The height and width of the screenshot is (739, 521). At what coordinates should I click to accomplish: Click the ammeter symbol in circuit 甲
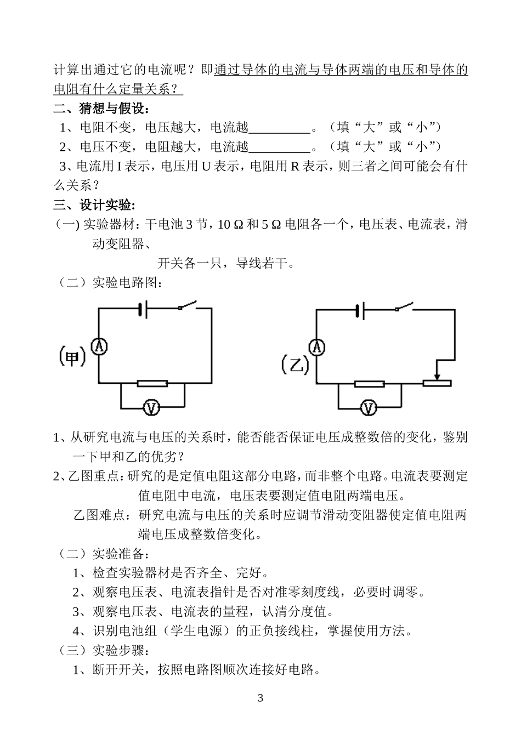[99, 345]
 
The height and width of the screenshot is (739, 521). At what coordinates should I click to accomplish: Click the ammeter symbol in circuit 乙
[316, 346]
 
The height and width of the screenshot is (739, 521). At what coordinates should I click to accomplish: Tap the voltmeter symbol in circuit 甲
[151, 407]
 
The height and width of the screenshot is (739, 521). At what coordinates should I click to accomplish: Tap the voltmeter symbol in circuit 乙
[369, 408]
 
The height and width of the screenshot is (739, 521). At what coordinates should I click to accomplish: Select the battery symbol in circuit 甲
[143, 310]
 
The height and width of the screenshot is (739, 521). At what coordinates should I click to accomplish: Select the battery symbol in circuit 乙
[360, 311]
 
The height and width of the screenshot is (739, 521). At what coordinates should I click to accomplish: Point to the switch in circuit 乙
[405, 306]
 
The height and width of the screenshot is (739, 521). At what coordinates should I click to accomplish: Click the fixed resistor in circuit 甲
[152, 383]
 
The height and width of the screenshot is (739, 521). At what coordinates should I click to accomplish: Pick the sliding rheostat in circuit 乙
[437, 383]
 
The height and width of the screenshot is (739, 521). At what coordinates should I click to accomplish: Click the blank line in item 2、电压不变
[280, 147]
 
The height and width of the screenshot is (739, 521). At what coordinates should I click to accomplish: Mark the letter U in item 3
[206, 166]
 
